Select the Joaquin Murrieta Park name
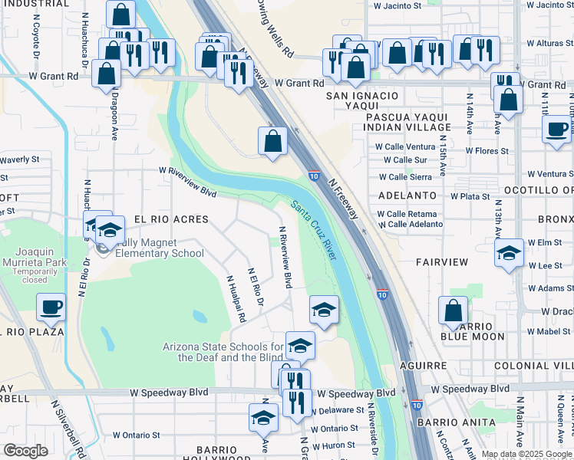[x=44, y=257]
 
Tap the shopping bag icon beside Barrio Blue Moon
[x=453, y=310]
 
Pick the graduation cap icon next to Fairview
[x=509, y=253]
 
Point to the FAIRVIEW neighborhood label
[x=442, y=262]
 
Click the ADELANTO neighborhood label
[x=407, y=196]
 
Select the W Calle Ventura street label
[x=405, y=146]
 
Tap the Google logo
[x=26, y=451]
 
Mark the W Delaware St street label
[x=335, y=410]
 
